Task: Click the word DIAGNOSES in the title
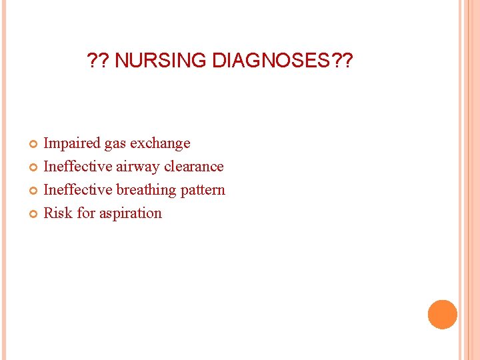(272, 61)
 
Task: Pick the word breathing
(147, 190)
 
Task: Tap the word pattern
(203, 190)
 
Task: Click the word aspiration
(131, 213)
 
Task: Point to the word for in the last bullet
(86, 213)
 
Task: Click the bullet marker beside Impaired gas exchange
(35, 144)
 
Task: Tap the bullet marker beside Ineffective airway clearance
(35, 167)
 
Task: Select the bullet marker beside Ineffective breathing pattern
(35, 191)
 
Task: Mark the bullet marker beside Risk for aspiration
(35, 214)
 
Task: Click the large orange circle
(442, 315)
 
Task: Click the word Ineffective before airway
(78, 167)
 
